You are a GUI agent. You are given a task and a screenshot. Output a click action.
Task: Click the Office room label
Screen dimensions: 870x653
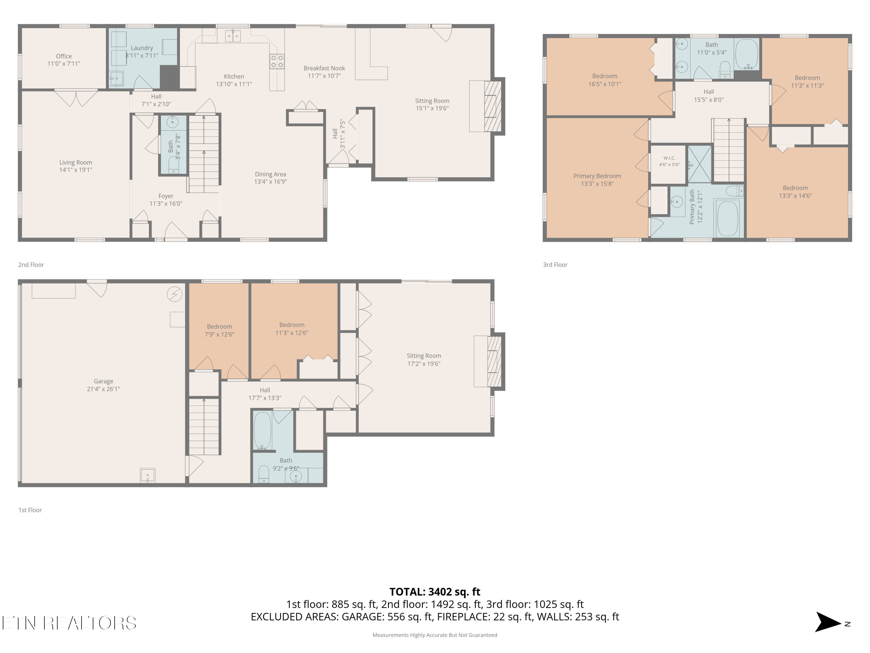click(x=64, y=56)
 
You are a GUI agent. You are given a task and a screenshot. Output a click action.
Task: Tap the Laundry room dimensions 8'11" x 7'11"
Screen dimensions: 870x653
click(x=142, y=55)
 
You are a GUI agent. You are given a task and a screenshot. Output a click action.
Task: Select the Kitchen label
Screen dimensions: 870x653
click(x=234, y=76)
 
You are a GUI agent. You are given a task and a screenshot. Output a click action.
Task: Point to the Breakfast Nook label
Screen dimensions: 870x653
click(x=324, y=68)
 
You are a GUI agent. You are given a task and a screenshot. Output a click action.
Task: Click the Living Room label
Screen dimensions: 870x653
click(x=75, y=163)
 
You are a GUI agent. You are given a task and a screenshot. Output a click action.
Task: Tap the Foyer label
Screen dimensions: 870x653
click(x=166, y=196)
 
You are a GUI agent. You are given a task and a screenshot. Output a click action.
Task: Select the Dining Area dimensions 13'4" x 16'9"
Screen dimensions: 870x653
click(x=271, y=181)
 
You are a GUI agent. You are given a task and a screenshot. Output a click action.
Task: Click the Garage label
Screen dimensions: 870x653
click(x=104, y=381)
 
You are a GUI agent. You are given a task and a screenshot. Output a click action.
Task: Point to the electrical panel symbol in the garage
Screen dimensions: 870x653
click(x=175, y=294)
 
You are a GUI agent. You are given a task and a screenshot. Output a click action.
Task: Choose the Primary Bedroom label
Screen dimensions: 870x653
click(x=597, y=176)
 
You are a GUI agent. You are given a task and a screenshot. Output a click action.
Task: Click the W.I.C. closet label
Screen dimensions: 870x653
click(x=669, y=158)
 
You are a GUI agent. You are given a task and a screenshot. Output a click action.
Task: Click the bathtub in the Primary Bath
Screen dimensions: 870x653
click(x=728, y=219)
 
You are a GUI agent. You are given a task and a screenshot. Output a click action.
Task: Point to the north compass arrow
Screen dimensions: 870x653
click(x=828, y=622)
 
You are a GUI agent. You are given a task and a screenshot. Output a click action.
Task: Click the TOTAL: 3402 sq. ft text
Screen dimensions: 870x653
click(x=435, y=591)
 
